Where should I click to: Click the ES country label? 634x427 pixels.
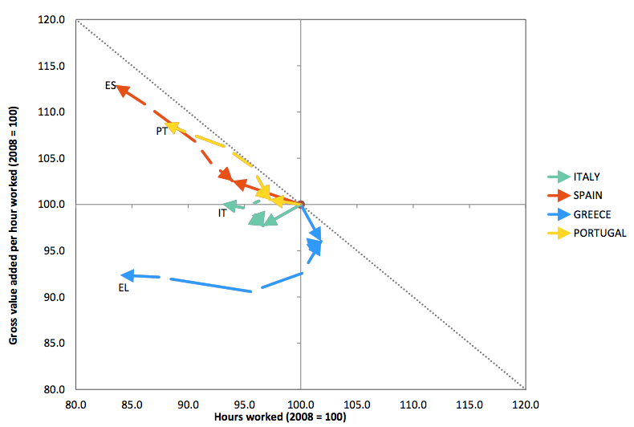pos(110,85)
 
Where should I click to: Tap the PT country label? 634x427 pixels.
pos(161,131)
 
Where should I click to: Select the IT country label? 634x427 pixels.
pos(221,213)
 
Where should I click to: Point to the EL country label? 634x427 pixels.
pos(124,287)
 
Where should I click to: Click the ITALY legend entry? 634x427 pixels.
pos(587,177)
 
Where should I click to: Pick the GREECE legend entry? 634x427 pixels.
pos(591,214)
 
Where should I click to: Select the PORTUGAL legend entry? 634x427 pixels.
pos(599,233)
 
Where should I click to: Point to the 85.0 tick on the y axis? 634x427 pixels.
pos(55,343)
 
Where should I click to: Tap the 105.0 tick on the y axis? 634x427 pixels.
pos(52,158)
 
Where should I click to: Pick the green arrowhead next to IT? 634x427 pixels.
pos(230,205)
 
